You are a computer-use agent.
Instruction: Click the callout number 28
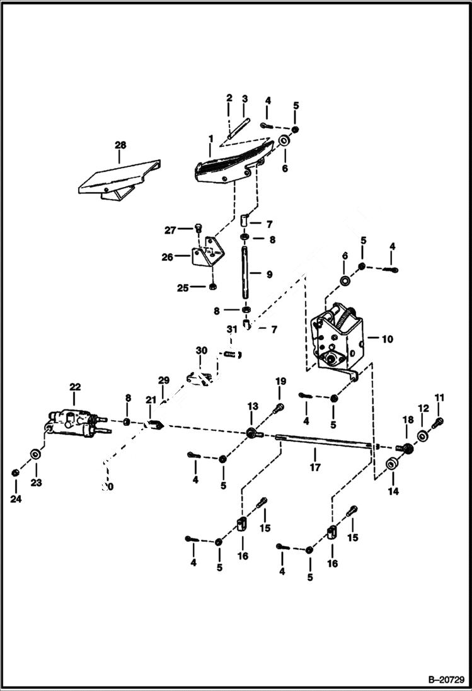[120, 145]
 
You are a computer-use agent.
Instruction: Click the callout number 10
[387, 339]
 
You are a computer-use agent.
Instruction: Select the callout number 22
[75, 386]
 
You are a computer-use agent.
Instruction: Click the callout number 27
[170, 231]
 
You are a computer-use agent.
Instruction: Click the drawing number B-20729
[445, 680]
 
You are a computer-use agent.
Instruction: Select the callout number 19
[280, 381]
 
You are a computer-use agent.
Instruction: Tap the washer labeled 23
[35, 454]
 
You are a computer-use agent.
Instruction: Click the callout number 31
[231, 329]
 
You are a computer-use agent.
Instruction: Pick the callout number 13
[252, 405]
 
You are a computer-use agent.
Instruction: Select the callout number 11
[439, 397]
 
